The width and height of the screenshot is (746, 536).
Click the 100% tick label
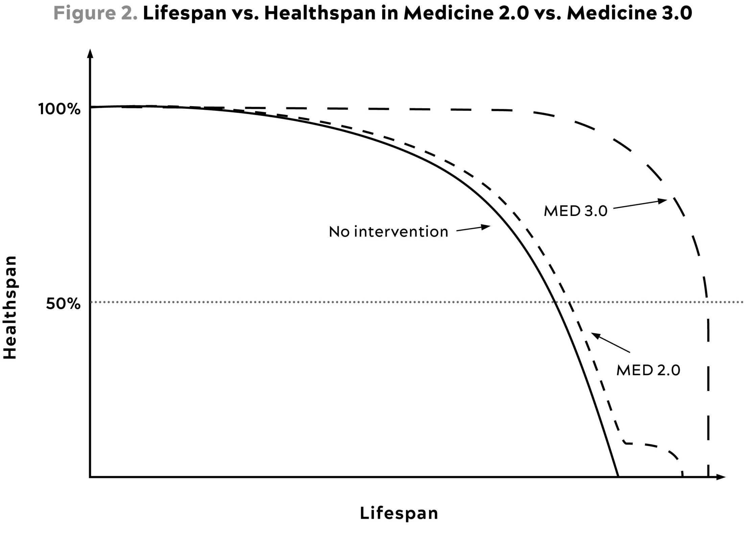point(59,109)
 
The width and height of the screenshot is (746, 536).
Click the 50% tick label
point(63,304)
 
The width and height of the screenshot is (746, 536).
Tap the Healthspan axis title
point(10,308)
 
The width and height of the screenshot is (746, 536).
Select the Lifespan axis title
point(399,513)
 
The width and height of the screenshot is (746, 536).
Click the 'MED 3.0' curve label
point(575,211)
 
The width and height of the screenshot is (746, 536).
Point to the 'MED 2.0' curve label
point(648,370)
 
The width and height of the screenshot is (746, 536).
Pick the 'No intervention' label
point(388,232)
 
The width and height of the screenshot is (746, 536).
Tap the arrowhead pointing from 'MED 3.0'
point(663,201)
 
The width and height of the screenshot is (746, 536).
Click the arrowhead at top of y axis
point(90,53)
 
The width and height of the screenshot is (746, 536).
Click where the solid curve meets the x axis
point(618,477)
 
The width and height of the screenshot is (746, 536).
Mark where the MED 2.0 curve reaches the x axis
point(682,477)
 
